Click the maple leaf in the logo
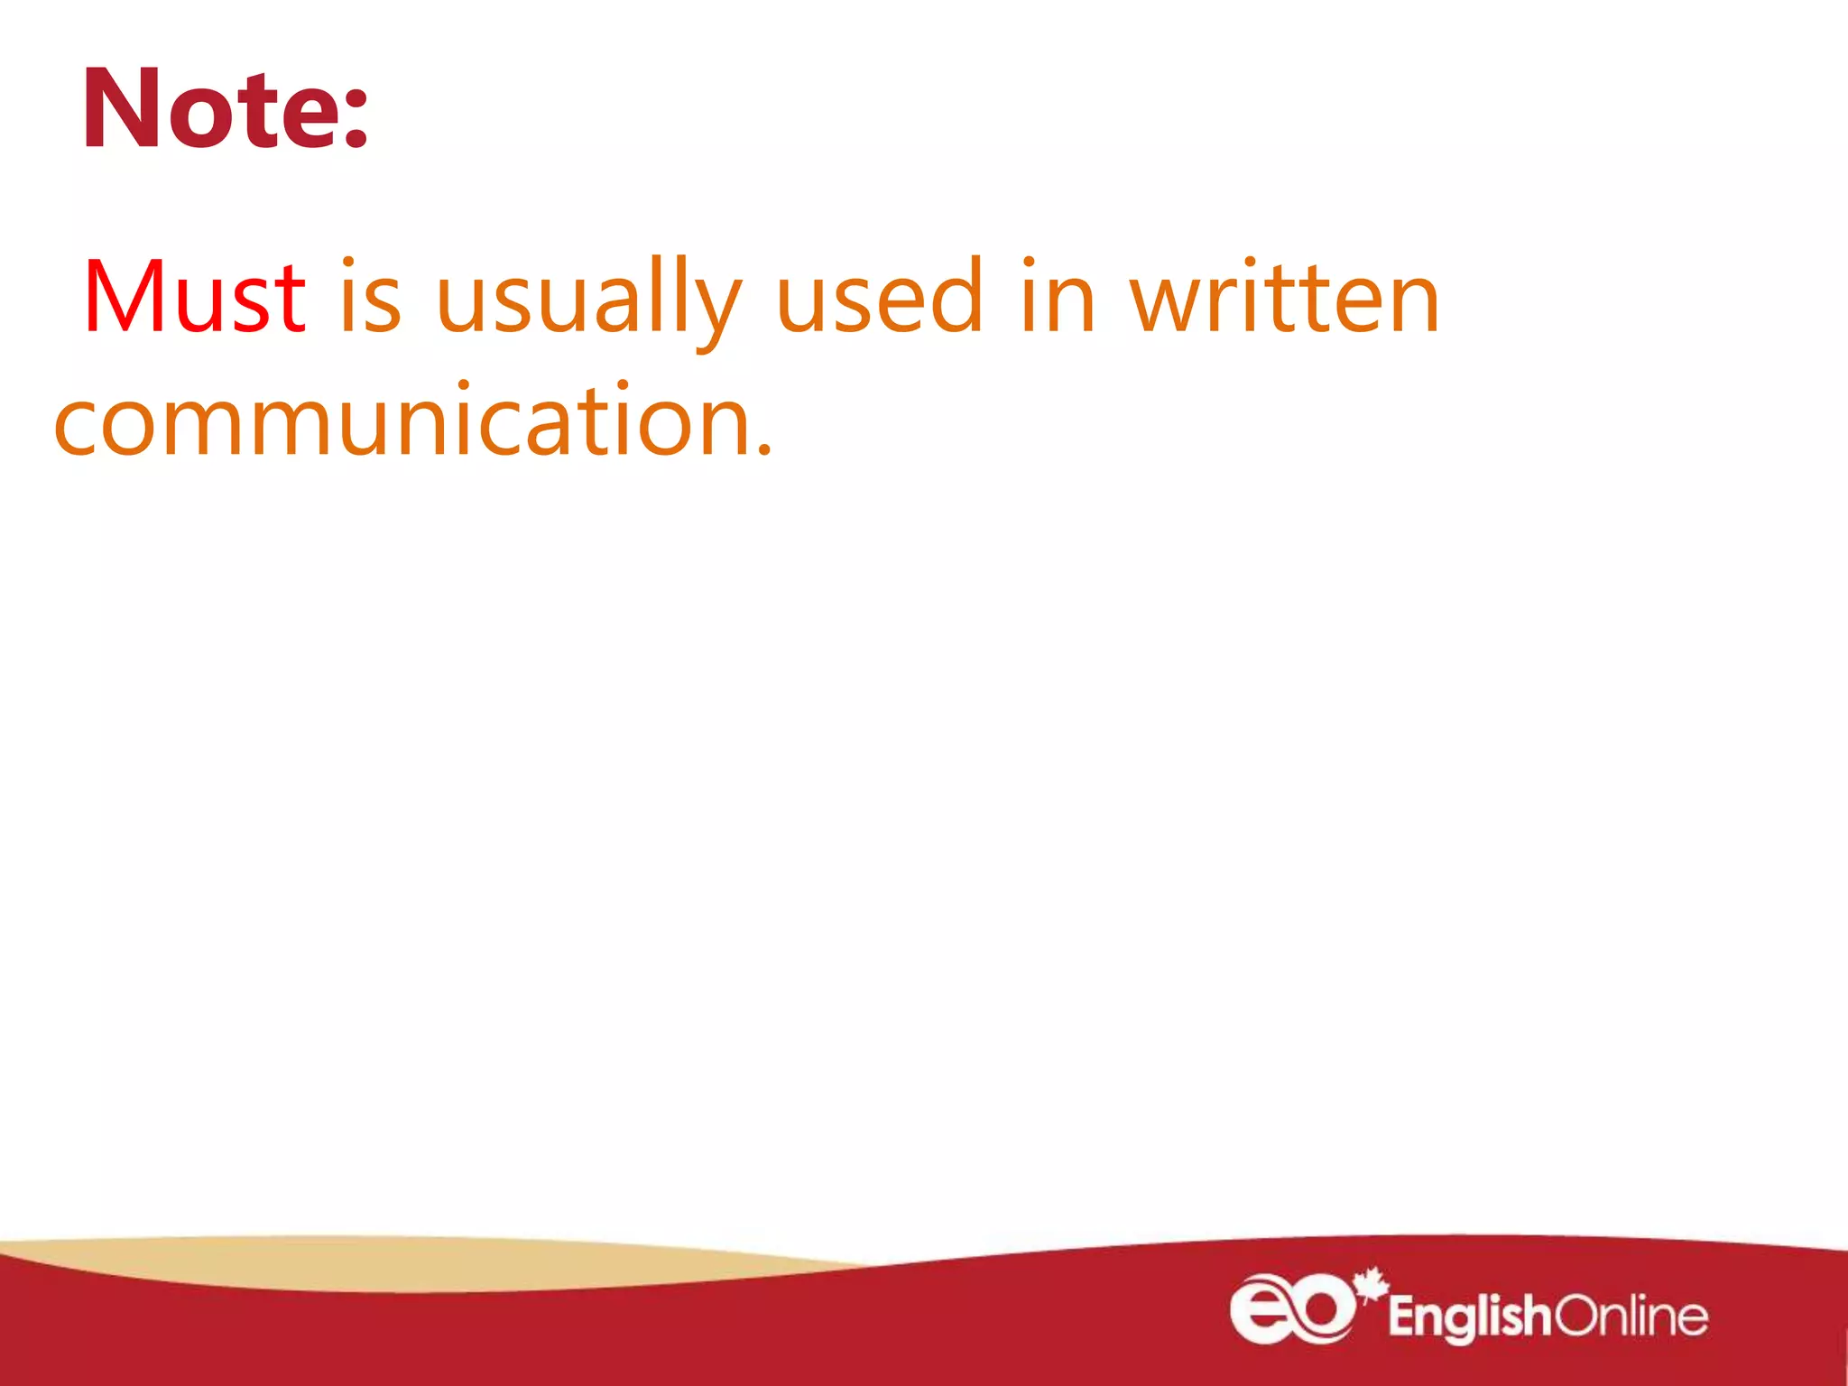(x=1372, y=1283)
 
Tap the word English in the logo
(x=1469, y=1317)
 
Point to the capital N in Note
(x=123, y=109)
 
